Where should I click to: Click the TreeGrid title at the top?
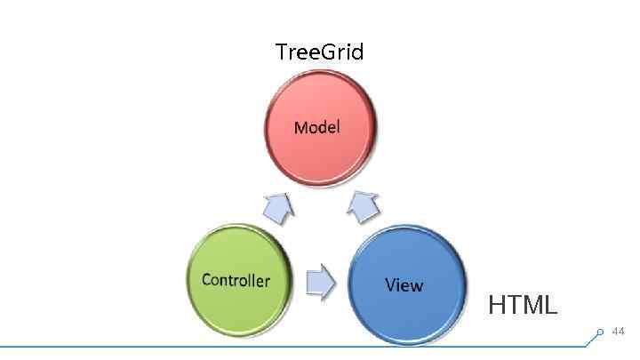tap(319, 52)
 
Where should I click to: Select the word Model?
tap(316, 127)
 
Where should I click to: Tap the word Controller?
tap(236, 280)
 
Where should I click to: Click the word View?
tap(404, 285)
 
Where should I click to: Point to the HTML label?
tap(523, 306)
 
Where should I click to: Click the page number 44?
tap(619, 332)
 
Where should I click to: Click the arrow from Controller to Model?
tap(279, 208)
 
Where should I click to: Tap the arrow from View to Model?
tap(363, 207)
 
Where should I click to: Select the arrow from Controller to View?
tap(320, 283)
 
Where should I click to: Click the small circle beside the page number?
tap(600, 332)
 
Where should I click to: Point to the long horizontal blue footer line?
tap(293, 346)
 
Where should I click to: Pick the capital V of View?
tap(390, 285)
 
